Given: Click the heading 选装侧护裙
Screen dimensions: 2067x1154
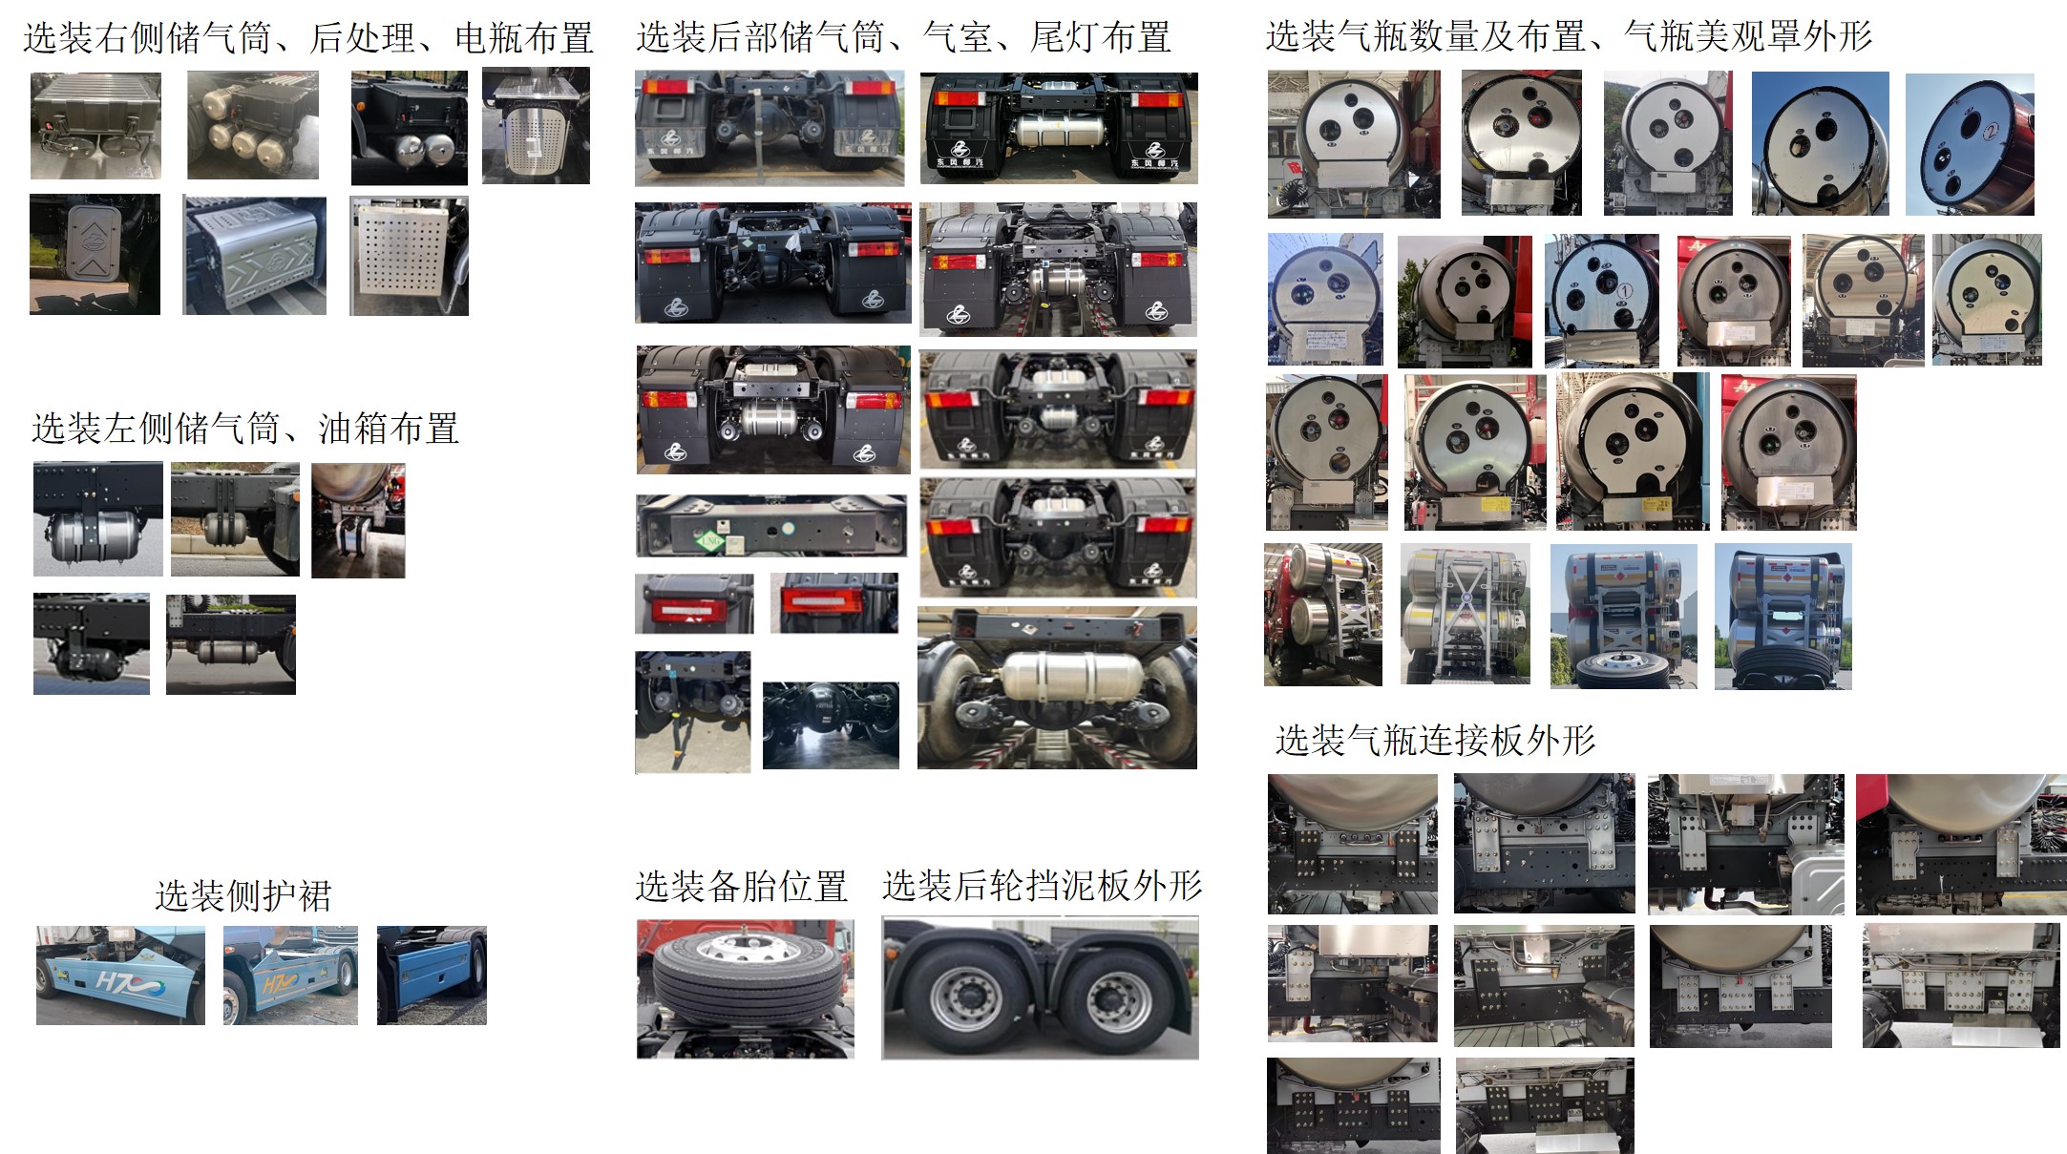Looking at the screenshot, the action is point(243,896).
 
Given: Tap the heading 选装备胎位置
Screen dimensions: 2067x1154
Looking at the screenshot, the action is point(741,887).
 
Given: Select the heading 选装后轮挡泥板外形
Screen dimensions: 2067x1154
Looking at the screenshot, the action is point(1042,886).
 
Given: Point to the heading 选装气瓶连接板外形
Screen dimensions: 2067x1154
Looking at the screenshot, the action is point(1435,740).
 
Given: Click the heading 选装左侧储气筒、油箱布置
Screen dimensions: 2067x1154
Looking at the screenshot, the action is point(245,429).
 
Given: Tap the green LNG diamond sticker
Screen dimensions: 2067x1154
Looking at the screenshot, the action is point(710,541).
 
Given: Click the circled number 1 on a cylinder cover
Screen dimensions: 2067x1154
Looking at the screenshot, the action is point(1625,290).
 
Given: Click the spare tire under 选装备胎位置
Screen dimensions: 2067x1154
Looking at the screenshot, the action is point(747,976).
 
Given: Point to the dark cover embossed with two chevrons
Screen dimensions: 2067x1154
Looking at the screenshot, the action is point(95,243).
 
